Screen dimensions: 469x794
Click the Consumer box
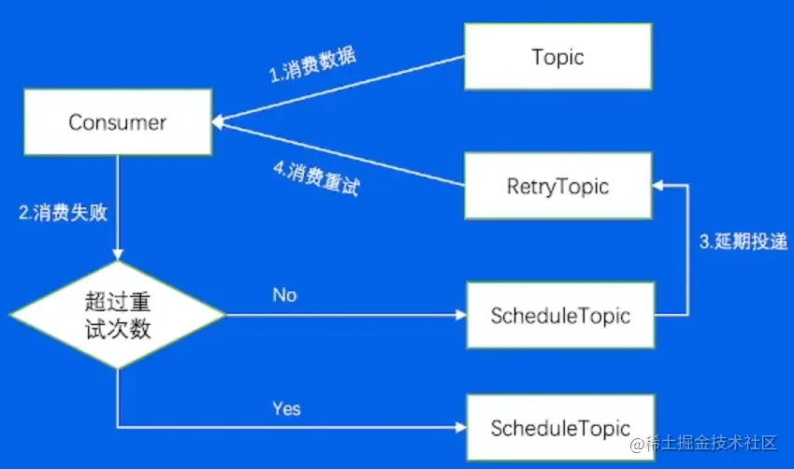tap(118, 122)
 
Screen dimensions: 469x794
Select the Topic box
tap(557, 57)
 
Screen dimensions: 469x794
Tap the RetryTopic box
tap(557, 186)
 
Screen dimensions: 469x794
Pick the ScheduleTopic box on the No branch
tap(560, 316)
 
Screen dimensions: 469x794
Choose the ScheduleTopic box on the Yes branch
tap(560, 429)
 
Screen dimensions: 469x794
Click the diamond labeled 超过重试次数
tap(118, 316)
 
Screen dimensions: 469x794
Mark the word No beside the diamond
tap(284, 295)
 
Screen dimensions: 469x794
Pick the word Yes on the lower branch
tap(286, 408)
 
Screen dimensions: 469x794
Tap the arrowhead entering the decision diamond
tap(118, 256)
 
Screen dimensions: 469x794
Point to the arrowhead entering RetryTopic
tap(657, 186)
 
